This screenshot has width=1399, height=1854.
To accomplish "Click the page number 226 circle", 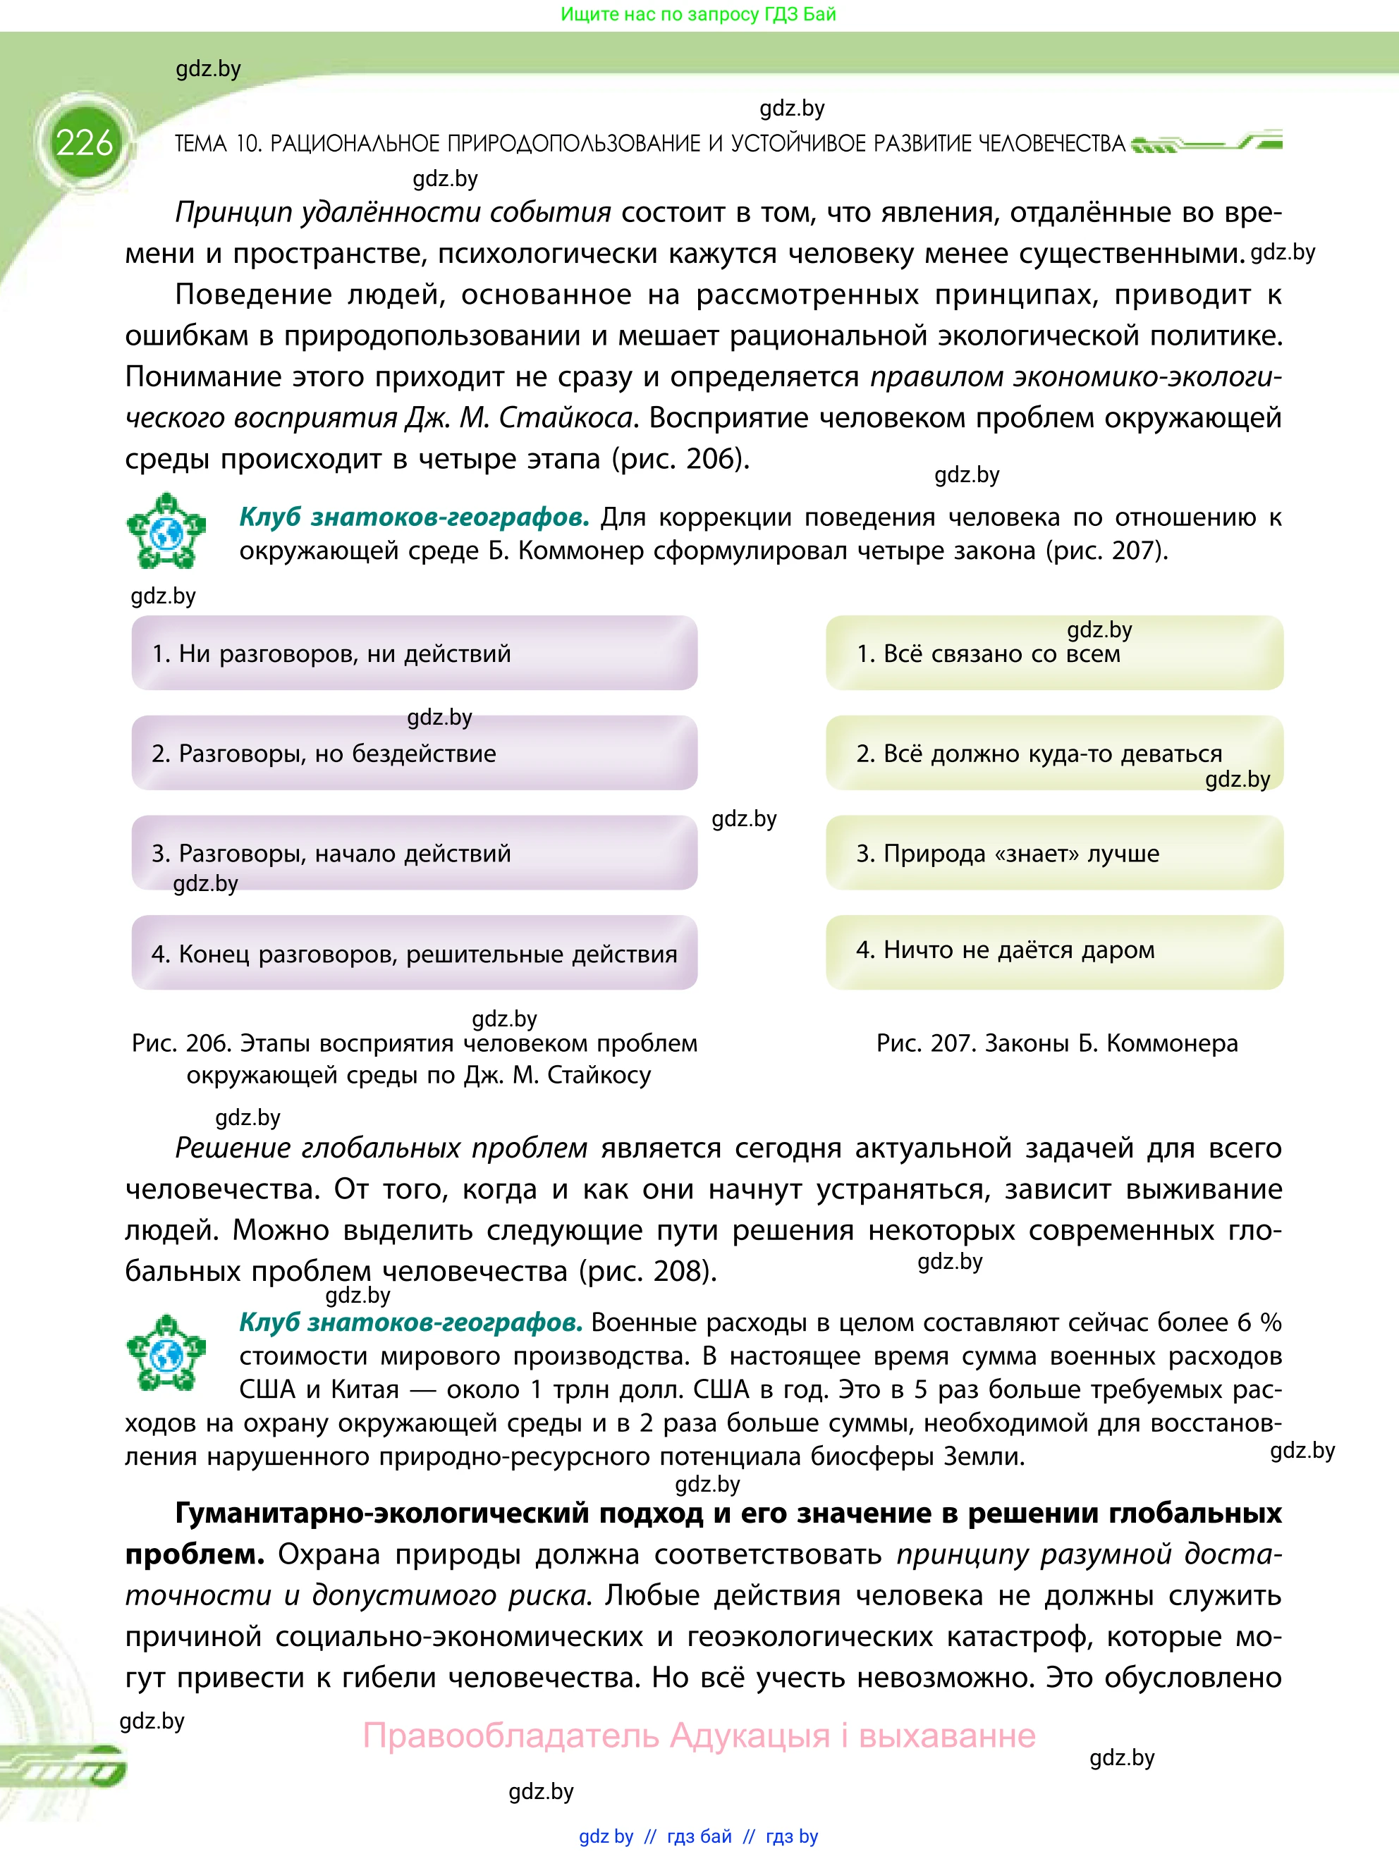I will tap(84, 143).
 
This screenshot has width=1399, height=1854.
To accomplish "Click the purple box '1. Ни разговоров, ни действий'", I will tap(414, 653).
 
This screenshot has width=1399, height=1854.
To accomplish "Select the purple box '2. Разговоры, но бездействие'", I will tap(414, 753).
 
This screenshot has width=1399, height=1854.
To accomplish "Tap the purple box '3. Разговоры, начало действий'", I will tap(414, 852).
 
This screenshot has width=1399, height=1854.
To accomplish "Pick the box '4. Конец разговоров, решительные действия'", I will tap(414, 953).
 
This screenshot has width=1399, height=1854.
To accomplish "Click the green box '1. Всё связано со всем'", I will tap(1053, 653).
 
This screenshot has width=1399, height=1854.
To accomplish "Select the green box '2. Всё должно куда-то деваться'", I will tap(1053, 753).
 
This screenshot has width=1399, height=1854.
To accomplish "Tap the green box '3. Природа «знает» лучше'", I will tap(1053, 852).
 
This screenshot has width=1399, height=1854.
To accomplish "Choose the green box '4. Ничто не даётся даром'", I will tap(1053, 951).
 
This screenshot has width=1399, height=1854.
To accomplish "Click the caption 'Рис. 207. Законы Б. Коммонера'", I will tap(1056, 1043).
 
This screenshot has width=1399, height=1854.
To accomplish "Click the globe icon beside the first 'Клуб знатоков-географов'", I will tap(166, 532).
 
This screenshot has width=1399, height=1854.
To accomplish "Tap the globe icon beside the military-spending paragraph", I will tap(166, 1353).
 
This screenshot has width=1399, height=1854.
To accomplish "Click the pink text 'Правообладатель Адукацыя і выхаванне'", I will tap(698, 1735).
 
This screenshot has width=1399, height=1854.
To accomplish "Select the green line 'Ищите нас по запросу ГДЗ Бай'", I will tap(698, 14).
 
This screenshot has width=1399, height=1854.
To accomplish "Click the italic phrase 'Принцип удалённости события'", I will tap(392, 213).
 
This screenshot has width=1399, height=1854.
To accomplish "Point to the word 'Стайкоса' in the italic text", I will tap(568, 418).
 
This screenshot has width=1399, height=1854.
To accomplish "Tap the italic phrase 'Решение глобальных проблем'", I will tap(381, 1148).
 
